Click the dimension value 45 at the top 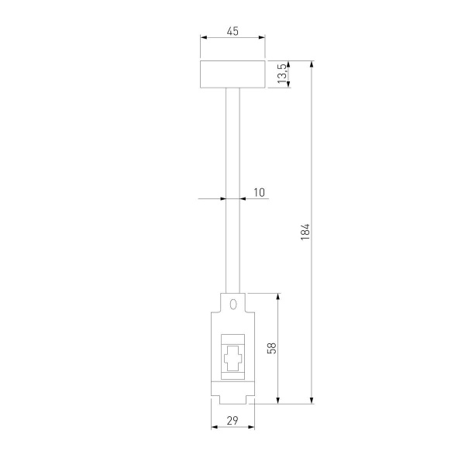pyautogui.click(x=232, y=32)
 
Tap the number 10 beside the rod pyautogui.click(x=258, y=191)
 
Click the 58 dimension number pyautogui.click(x=271, y=348)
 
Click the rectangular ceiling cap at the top pyautogui.click(x=232, y=74)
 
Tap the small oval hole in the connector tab pyautogui.click(x=232, y=304)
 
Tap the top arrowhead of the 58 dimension pyautogui.click(x=278, y=296)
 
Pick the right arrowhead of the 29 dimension pyautogui.click(x=250, y=428)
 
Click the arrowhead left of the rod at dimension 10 pyautogui.click(x=222, y=198)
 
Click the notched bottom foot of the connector pyautogui.click(x=232, y=394)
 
